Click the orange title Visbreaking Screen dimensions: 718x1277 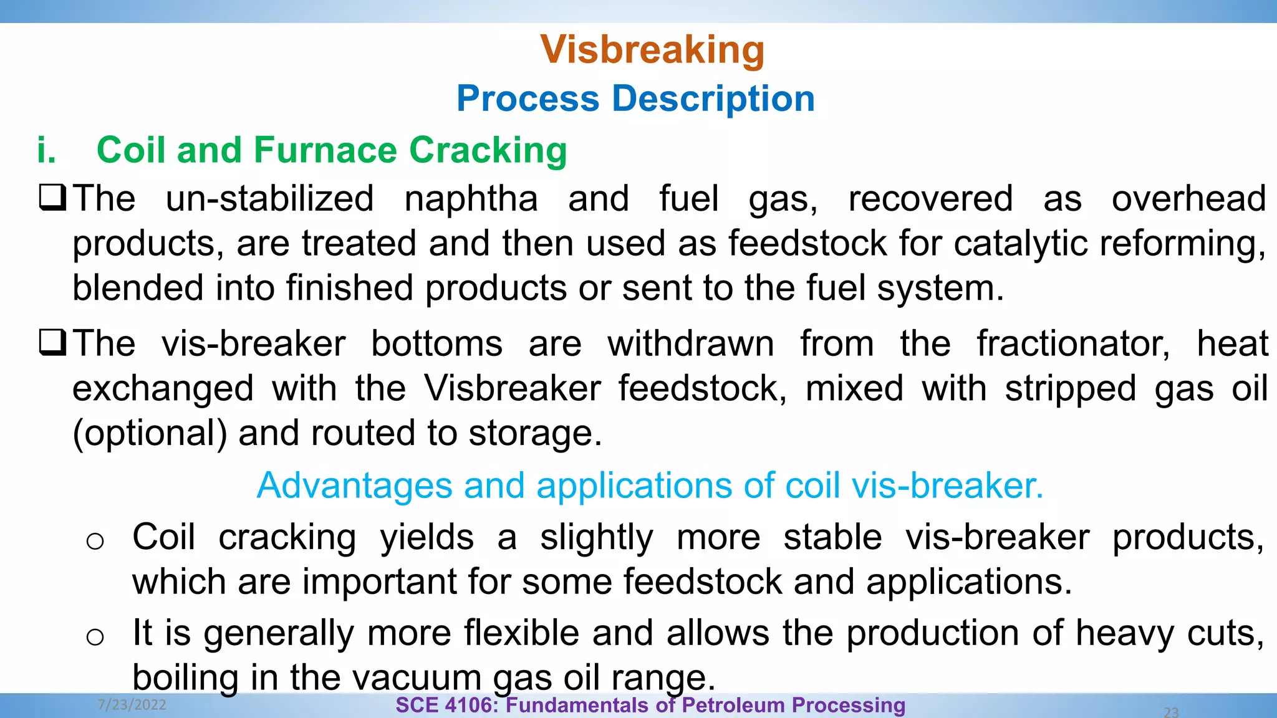pos(652,49)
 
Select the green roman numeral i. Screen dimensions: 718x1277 pos(46,150)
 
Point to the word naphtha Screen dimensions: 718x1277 pos(471,199)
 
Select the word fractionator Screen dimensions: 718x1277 pos(1072,344)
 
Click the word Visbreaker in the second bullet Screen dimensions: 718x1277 pos(513,388)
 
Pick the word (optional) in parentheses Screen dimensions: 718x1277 pos(150,433)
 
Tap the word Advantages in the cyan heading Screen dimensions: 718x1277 pos(354,486)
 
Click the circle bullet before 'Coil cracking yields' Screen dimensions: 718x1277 pos(95,540)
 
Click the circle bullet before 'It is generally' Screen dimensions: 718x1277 pos(95,637)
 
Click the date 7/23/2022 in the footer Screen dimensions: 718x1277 pos(132,705)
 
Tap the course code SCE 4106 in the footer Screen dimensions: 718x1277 pos(445,706)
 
